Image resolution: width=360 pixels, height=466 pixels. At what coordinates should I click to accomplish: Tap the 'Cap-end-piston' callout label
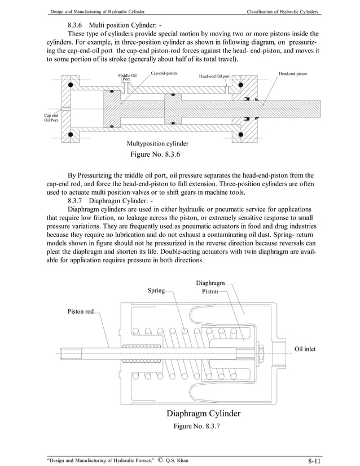[164, 73]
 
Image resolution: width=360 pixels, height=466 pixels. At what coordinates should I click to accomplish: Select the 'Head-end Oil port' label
[214, 76]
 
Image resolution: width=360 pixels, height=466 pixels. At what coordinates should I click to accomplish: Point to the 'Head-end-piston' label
[293, 74]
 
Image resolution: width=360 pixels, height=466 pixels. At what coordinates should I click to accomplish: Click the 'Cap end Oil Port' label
[51, 117]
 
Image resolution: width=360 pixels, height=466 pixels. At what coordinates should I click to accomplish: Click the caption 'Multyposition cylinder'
[157, 143]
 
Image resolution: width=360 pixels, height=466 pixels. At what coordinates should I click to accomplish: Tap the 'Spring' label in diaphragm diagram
[156, 291]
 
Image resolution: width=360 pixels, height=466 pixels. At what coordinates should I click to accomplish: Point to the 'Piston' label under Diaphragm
[209, 292]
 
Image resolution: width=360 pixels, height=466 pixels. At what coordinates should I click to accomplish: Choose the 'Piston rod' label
[81, 311]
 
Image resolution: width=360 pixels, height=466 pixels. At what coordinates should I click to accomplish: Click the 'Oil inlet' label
[305, 349]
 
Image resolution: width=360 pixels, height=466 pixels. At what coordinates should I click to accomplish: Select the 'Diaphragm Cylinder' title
[203, 414]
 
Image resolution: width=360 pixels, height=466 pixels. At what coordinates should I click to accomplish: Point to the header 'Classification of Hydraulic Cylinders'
[278, 12]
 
